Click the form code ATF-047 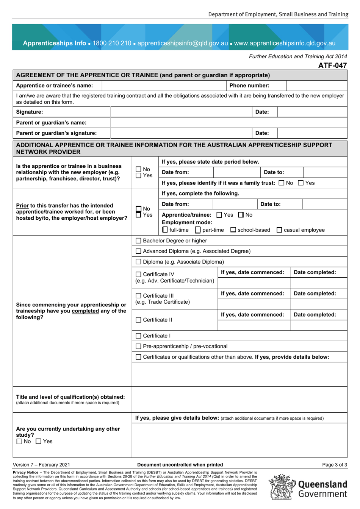(332, 65)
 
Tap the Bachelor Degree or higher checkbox (138, 241)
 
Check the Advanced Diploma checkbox (138, 251)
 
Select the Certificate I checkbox (138, 336)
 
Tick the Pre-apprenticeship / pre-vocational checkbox (138, 347)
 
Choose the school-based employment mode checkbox (233, 230)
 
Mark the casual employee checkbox (279, 230)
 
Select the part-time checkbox (198, 230)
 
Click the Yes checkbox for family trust (301, 183)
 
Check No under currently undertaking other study (19, 442)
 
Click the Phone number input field (316, 86)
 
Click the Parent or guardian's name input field (229, 123)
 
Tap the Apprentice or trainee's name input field (164, 86)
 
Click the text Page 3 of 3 (334, 465)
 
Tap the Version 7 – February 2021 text (41, 465)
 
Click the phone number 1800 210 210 (112, 43)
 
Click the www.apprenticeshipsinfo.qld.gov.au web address (285, 43)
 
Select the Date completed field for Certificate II (319, 325)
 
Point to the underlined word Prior (22, 206)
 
